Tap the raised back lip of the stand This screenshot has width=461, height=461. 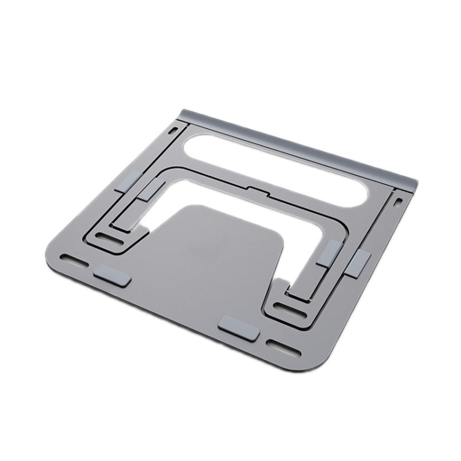point(295,142)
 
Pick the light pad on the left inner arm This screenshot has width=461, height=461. point(151,191)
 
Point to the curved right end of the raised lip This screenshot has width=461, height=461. point(411,184)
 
